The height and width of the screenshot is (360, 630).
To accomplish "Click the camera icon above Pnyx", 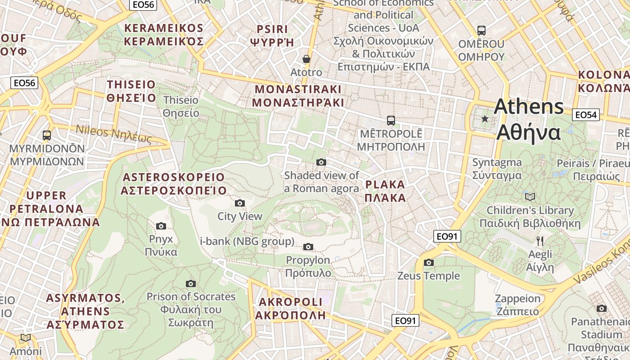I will coord(161,226).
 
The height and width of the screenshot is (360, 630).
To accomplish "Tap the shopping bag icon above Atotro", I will coord(306,59).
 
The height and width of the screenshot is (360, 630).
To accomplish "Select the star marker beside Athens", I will coord(485,119).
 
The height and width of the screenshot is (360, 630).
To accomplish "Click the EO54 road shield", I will coord(586,115).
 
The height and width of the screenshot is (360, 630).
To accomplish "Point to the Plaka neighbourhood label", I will coord(385,191).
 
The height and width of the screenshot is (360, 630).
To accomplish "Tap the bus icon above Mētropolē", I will coord(391,121).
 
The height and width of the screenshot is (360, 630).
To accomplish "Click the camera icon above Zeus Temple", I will coord(429,262).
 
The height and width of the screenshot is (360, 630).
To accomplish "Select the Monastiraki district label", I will coord(298,95).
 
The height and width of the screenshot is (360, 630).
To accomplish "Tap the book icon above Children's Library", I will coord(530,197).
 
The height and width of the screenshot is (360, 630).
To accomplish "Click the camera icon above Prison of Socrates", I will coord(191,283).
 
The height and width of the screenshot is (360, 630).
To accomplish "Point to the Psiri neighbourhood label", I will coord(272,36).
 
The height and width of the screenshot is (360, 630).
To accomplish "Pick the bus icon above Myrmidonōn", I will coord(46,135).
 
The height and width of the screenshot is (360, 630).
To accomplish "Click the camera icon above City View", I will coord(240,203).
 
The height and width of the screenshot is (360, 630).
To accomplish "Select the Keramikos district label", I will coord(164,35).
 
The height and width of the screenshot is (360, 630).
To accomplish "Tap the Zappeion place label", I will coord(517,305).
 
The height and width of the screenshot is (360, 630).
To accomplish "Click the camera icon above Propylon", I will coord(308,247).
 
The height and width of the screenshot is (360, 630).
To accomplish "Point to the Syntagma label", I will coord(497,169).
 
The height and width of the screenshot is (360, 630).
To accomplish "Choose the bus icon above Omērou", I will coord(481,31).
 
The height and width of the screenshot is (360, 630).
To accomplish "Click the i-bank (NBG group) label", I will coord(247,241).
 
